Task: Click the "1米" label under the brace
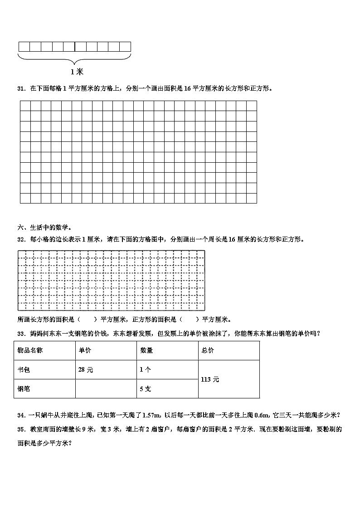pyautogui.click(x=77, y=72)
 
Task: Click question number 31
pyautogui.click(x=21, y=88)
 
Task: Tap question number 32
pyautogui.click(x=21, y=239)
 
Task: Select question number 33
pyautogui.click(x=21, y=334)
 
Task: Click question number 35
pyautogui.click(x=21, y=429)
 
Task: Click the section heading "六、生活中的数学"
pyautogui.click(x=44, y=228)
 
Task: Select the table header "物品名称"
pyautogui.click(x=30, y=350)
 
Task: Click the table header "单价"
pyautogui.click(x=85, y=350)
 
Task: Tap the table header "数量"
pyautogui.click(x=146, y=350)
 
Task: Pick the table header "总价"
pyautogui.click(x=208, y=350)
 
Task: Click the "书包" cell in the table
pyautogui.click(x=24, y=369)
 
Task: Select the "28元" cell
pyautogui.click(x=86, y=369)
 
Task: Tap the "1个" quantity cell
pyautogui.click(x=146, y=369)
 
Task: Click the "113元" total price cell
pyautogui.click(x=209, y=379)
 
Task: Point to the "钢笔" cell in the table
pyautogui.click(x=24, y=388)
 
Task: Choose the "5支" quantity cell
pyautogui.click(x=146, y=388)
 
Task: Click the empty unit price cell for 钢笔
pyautogui.click(x=106, y=388)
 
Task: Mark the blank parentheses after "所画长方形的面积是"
pyautogui.click(x=88, y=319)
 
